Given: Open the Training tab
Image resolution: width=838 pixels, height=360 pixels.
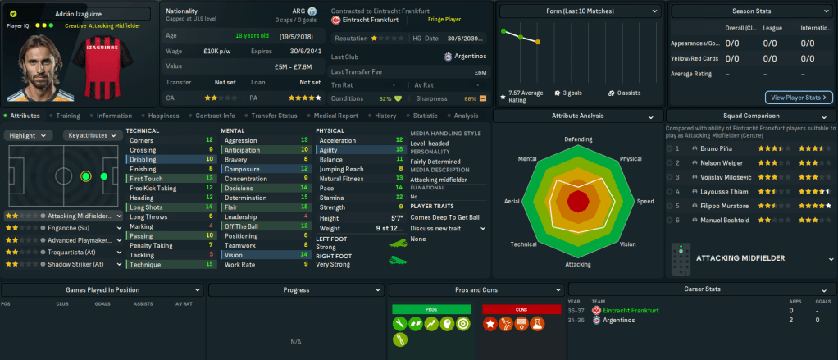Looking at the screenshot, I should [68, 116].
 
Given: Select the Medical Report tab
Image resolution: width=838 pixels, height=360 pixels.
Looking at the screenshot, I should [335, 116].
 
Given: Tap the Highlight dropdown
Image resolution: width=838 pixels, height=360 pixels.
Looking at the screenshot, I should [30, 135].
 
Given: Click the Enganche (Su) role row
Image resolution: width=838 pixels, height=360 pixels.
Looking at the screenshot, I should [61, 229].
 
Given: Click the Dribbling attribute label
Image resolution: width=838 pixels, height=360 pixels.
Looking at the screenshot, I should [143, 159].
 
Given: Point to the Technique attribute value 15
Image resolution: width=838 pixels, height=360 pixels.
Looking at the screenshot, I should [210, 265].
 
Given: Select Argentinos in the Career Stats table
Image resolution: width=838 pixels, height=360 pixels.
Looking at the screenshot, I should [618, 320].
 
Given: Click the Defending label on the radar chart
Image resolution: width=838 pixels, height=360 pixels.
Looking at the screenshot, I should [578, 139].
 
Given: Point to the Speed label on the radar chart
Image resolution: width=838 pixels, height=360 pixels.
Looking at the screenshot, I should [645, 201].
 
